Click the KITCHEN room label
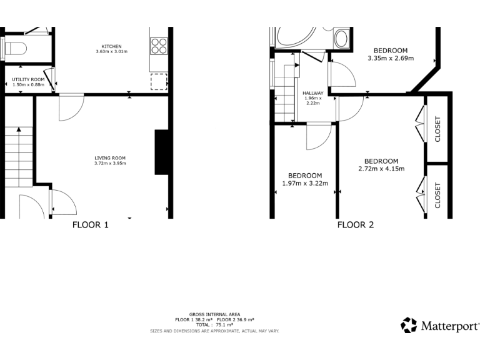point(112,46)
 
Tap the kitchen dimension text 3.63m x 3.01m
point(112,51)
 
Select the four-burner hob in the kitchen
point(159,45)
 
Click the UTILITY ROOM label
point(28,80)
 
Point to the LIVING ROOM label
point(110,157)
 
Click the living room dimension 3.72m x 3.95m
point(110,163)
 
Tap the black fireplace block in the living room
point(161,152)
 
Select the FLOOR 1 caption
point(91,225)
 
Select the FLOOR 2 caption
point(356,225)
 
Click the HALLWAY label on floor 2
point(312,93)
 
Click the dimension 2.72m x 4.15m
point(381,168)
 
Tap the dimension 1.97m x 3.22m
point(305,183)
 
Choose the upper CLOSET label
point(437,129)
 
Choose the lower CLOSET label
point(437,195)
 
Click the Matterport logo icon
point(409,325)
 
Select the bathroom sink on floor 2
point(342,39)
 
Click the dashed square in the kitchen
point(159,82)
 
